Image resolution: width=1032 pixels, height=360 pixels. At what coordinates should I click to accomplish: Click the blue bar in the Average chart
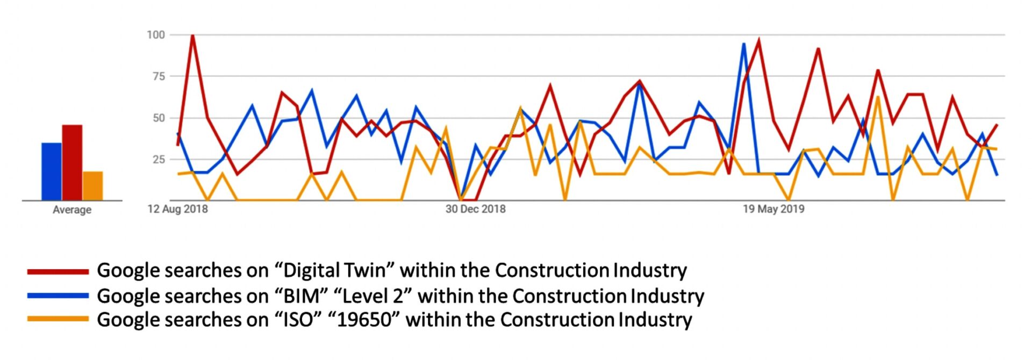click(52, 171)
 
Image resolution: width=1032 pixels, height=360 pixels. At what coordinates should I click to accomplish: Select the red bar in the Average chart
click(72, 162)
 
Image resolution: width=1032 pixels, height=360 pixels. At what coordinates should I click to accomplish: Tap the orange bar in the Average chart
click(92, 186)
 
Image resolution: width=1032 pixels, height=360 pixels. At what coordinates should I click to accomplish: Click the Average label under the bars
click(72, 210)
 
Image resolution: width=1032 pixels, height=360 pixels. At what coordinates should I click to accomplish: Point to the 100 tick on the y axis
click(156, 35)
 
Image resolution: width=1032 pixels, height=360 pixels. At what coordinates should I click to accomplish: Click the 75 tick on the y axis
click(159, 76)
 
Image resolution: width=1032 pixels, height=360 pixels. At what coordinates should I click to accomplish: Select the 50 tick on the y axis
click(159, 118)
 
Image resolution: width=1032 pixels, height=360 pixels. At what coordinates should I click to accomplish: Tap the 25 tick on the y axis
click(159, 159)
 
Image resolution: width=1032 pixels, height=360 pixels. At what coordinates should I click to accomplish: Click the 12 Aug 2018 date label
click(177, 209)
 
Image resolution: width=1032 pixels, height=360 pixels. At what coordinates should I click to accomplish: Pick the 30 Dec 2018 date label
click(475, 209)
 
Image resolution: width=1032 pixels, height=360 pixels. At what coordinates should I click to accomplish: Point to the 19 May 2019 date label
click(773, 209)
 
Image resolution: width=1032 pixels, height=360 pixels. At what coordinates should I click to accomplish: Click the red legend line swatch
click(58, 272)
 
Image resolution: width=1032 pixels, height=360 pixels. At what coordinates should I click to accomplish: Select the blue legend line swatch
click(58, 296)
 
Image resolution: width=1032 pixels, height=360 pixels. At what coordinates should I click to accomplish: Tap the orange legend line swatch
click(58, 319)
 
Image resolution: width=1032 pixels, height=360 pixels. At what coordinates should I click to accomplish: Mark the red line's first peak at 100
click(192, 35)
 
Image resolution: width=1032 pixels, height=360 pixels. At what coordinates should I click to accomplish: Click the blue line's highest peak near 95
click(743, 44)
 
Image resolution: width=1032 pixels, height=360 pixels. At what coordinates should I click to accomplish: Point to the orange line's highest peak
click(878, 97)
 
